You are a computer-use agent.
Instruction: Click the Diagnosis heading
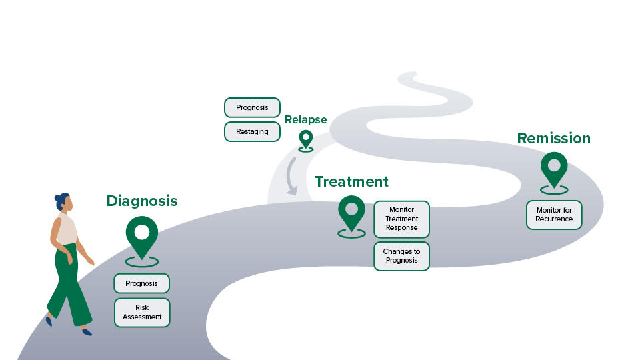click(x=142, y=201)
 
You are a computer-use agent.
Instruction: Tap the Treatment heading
click(x=351, y=181)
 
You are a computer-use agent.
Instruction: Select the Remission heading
click(x=553, y=139)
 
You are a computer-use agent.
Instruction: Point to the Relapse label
click(x=305, y=120)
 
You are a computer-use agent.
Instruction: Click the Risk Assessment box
click(x=142, y=312)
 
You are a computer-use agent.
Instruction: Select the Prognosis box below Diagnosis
click(x=141, y=283)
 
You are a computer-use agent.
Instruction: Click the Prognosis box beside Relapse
click(x=252, y=107)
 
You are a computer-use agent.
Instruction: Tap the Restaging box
click(x=252, y=131)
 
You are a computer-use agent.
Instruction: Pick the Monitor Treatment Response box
click(x=401, y=219)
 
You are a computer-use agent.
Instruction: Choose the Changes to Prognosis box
click(x=401, y=256)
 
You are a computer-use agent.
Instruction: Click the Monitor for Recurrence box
click(x=554, y=215)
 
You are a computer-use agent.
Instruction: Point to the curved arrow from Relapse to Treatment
click(x=291, y=177)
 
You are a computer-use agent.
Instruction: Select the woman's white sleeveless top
click(x=67, y=229)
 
